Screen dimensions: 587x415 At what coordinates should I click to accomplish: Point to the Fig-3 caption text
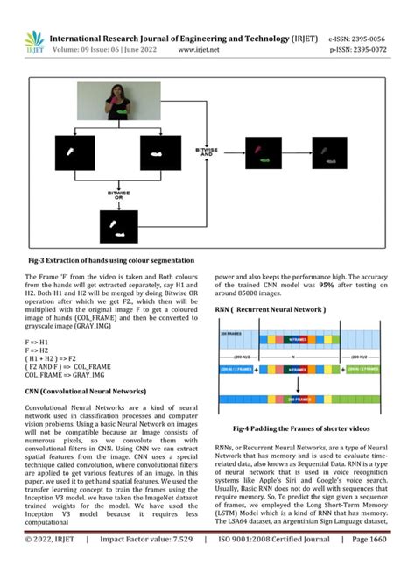point(110,260)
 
